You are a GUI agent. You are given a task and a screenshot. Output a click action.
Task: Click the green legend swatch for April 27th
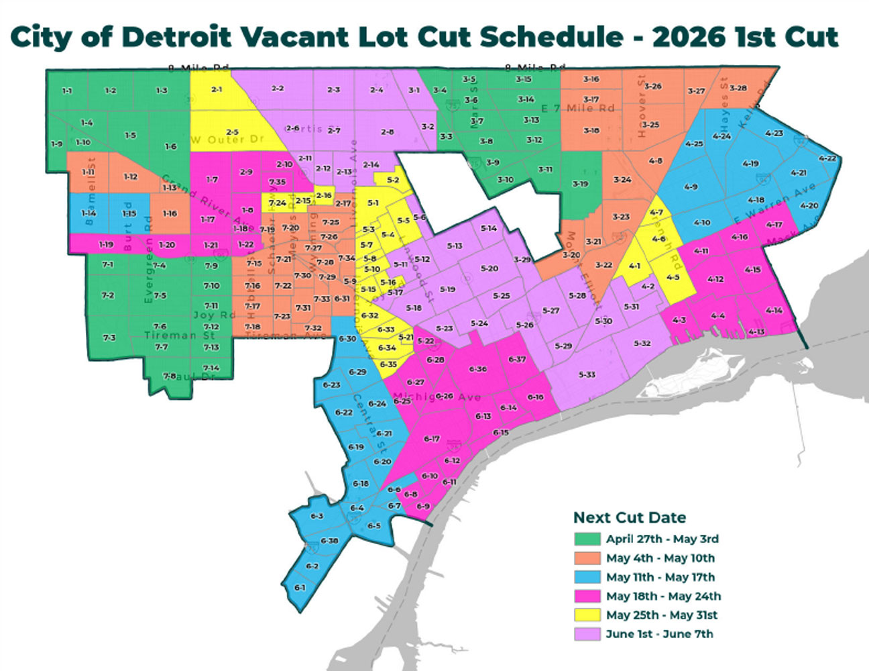click(x=587, y=539)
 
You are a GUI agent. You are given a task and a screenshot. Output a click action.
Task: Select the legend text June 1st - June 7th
click(x=659, y=634)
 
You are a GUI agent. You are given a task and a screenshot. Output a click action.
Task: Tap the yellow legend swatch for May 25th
click(x=587, y=615)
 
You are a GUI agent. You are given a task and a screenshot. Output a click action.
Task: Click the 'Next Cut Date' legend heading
click(x=629, y=517)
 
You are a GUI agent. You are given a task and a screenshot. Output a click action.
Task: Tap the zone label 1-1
click(x=67, y=91)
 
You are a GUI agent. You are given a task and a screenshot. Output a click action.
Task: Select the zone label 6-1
click(x=300, y=588)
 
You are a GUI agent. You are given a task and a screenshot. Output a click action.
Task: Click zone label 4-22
click(x=828, y=158)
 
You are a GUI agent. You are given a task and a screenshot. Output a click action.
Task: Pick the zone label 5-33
click(x=587, y=374)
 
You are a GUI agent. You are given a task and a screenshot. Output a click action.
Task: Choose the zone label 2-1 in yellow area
click(x=217, y=89)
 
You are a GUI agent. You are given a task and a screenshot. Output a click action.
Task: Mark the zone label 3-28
click(x=738, y=88)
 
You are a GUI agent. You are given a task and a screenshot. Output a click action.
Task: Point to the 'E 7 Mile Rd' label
click(x=577, y=108)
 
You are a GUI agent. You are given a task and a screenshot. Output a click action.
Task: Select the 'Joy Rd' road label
click(x=214, y=315)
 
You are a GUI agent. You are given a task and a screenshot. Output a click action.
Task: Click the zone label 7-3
click(x=109, y=338)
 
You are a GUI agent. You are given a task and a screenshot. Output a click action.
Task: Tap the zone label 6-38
click(x=329, y=541)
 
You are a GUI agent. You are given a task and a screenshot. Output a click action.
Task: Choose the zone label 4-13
click(x=756, y=332)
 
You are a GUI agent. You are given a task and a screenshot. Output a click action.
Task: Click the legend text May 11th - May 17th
click(x=660, y=577)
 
